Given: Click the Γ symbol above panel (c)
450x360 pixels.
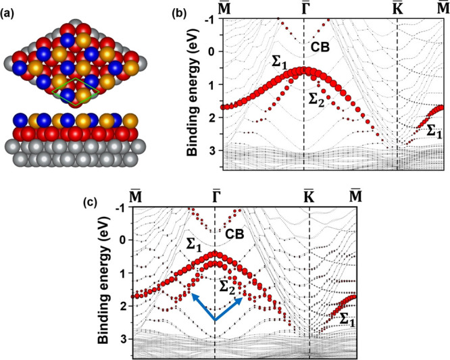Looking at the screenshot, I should pyautogui.click(x=215, y=196).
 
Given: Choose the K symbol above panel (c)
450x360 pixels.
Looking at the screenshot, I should pyautogui.click(x=308, y=196).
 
